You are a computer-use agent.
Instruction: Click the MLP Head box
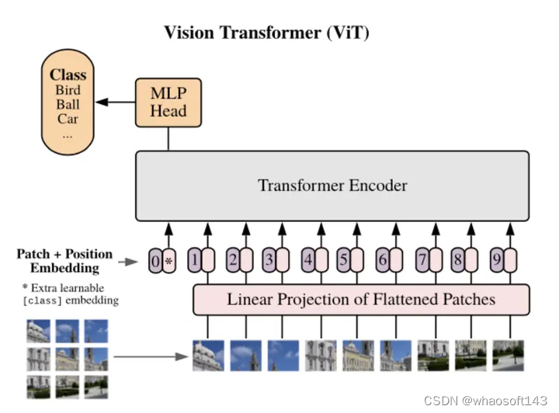click(x=168, y=102)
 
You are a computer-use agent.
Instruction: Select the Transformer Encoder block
click(x=332, y=186)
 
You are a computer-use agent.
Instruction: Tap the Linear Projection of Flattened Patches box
click(x=360, y=299)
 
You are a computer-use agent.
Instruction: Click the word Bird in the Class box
click(x=68, y=90)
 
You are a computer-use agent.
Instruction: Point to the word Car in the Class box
click(x=68, y=119)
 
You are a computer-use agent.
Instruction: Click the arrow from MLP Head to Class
click(x=117, y=102)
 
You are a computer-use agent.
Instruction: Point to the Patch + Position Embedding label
click(x=64, y=261)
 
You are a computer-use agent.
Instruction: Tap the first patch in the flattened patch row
click(x=207, y=356)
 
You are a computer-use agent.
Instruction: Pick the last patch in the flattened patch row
click(x=509, y=356)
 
